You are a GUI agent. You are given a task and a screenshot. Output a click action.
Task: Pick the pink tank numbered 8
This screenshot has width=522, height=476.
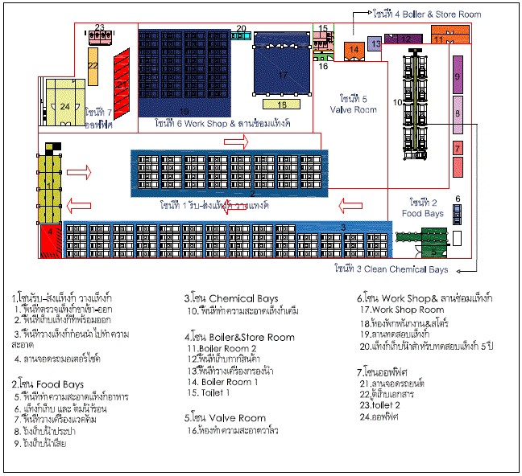(457, 115)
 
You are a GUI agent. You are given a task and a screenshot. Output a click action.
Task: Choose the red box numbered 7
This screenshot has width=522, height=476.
(457, 149)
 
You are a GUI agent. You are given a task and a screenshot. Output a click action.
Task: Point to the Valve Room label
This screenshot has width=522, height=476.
(353, 104)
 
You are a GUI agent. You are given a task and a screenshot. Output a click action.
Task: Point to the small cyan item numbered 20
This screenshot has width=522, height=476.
(242, 36)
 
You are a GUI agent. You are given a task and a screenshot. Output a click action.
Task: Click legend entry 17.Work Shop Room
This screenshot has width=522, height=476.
(401, 310)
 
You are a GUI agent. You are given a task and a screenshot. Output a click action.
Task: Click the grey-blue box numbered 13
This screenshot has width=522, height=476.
(375, 43)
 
